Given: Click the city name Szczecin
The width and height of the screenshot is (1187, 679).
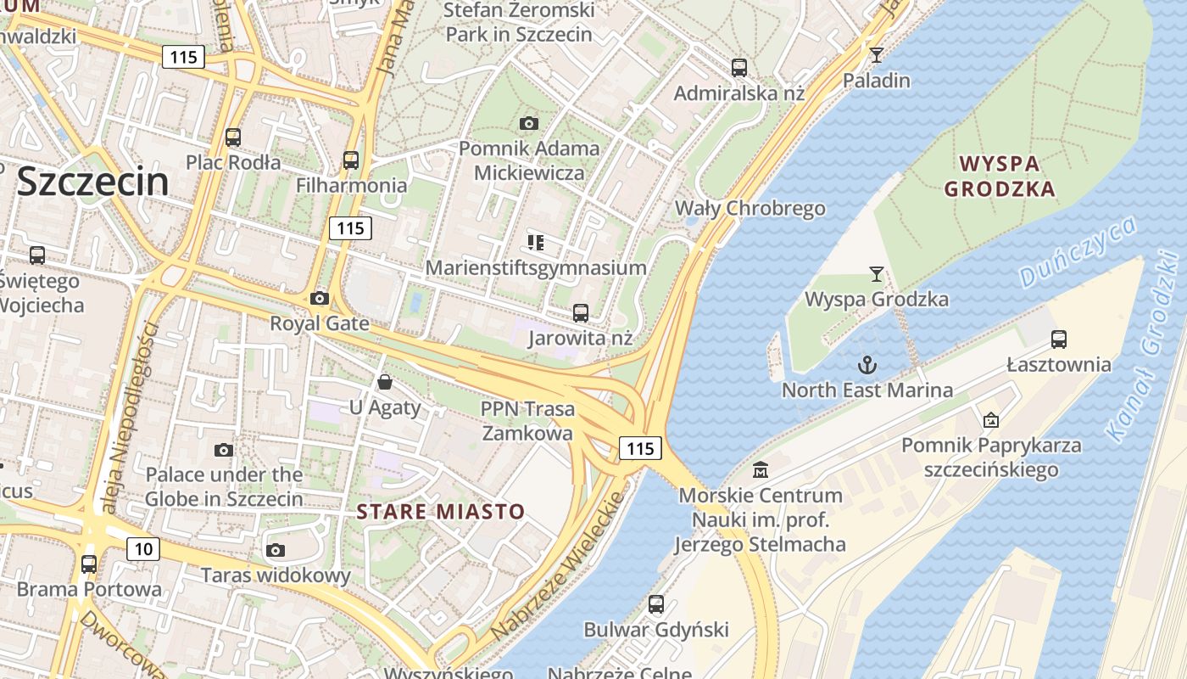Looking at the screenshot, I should [x=92, y=182].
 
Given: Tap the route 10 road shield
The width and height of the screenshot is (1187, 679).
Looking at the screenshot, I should [x=143, y=549].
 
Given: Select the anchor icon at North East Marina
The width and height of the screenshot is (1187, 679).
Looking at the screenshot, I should [x=867, y=365].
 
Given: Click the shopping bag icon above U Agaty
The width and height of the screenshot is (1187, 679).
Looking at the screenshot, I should [x=385, y=382].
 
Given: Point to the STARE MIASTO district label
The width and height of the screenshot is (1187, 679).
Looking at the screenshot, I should [x=441, y=512].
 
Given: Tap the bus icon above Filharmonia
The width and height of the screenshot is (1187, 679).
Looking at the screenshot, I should [x=350, y=160].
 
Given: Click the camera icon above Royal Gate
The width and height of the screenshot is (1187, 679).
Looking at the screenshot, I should [x=320, y=298].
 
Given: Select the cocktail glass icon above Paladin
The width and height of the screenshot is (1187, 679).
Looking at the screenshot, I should [x=877, y=55].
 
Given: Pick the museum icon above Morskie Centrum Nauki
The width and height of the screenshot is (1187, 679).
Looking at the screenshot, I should [x=761, y=469].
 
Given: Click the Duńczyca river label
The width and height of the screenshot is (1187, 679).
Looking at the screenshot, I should [x=1078, y=251].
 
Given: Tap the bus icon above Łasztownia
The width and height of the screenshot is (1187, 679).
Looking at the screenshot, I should [x=1058, y=339].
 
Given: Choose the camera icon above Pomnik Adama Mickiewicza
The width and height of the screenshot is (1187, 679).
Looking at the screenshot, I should [x=529, y=123].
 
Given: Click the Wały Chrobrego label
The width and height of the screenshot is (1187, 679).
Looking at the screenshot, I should [x=750, y=208].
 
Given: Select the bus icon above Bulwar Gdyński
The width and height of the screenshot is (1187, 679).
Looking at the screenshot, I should [x=656, y=604].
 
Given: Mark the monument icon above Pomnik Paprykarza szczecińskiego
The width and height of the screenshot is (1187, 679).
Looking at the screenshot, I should [x=990, y=419].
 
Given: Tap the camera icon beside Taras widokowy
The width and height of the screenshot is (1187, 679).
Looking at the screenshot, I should [x=275, y=550].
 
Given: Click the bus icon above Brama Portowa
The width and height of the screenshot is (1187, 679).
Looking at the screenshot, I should [x=89, y=564].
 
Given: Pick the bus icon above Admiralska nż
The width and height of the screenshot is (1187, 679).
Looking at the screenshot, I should [x=739, y=67].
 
